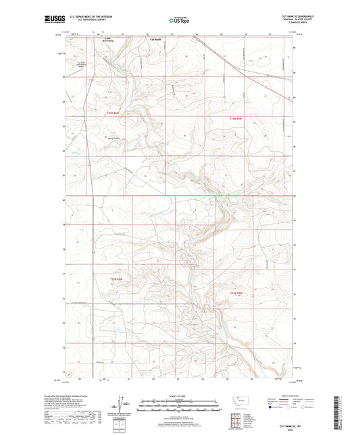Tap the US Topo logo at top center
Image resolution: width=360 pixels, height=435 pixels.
coord(179,21)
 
